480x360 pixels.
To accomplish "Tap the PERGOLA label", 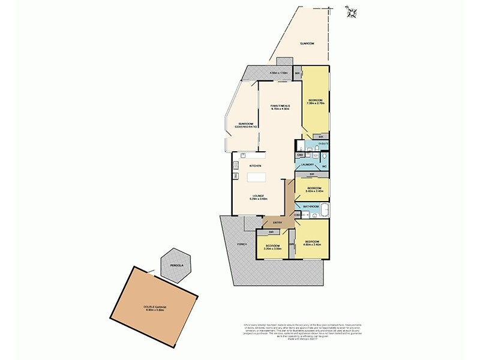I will [176, 265].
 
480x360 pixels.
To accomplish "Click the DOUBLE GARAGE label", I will [154, 307].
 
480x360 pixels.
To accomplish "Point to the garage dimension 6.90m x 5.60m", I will [154, 310].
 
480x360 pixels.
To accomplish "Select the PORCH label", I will [242, 244].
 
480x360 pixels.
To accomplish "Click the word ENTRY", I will [277, 223].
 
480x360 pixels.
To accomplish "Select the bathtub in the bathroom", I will [325, 211].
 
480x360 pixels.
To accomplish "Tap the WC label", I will [323, 166].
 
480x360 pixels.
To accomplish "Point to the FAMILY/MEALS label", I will [280, 106].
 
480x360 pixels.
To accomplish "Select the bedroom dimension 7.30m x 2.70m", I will [316, 103].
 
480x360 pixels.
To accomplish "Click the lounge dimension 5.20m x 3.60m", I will [259, 199].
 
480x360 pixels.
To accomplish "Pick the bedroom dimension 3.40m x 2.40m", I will [314, 191].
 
